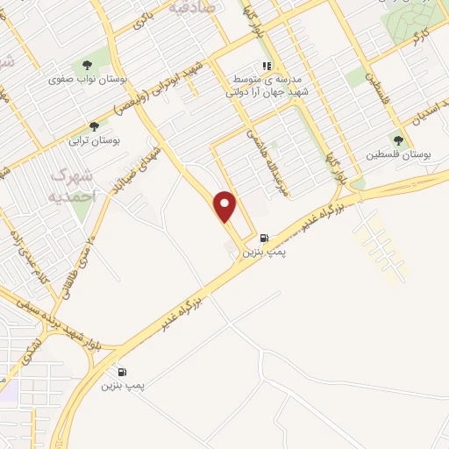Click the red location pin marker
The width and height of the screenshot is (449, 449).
click(x=226, y=207)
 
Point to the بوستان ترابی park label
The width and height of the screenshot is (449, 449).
click(x=94, y=140)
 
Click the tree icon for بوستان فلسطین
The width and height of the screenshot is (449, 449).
click(x=400, y=140)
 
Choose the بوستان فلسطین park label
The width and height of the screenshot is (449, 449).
click(x=403, y=154)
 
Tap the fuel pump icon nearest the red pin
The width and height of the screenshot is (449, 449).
click(x=264, y=238)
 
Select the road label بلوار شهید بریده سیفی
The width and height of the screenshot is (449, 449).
click(x=61, y=321)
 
